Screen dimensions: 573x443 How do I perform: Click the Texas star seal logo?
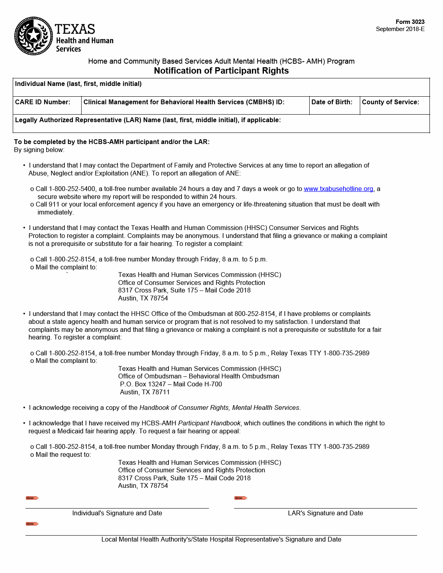click(x=33, y=36)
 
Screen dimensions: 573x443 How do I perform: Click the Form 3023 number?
click(x=410, y=22)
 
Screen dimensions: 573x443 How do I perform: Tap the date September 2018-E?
click(x=400, y=29)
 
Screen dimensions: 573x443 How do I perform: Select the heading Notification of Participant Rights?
click(x=221, y=71)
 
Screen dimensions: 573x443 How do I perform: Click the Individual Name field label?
click(x=78, y=84)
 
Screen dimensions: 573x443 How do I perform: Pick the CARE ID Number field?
click(x=47, y=106)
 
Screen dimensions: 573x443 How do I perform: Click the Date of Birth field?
click(x=334, y=106)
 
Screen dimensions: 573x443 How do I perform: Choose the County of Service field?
click(x=394, y=106)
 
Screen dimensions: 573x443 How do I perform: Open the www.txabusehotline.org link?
click(x=338, y=189)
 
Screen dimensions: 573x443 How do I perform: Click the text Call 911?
click(x=47, y=205)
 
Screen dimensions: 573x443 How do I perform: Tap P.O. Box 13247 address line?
click(x=171, y=384)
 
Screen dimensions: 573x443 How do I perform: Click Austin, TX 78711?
click(x=145, y=392)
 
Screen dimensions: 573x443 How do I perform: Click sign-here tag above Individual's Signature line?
click(x=32, y=498)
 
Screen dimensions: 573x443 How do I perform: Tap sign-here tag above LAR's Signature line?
click(x=240, y=498)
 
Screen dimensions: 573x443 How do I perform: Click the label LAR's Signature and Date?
click(x=325, y=513)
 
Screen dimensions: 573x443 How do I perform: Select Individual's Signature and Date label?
click(x=117, y=513)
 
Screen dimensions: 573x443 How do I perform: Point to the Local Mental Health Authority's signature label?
click(x=221, y=540)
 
